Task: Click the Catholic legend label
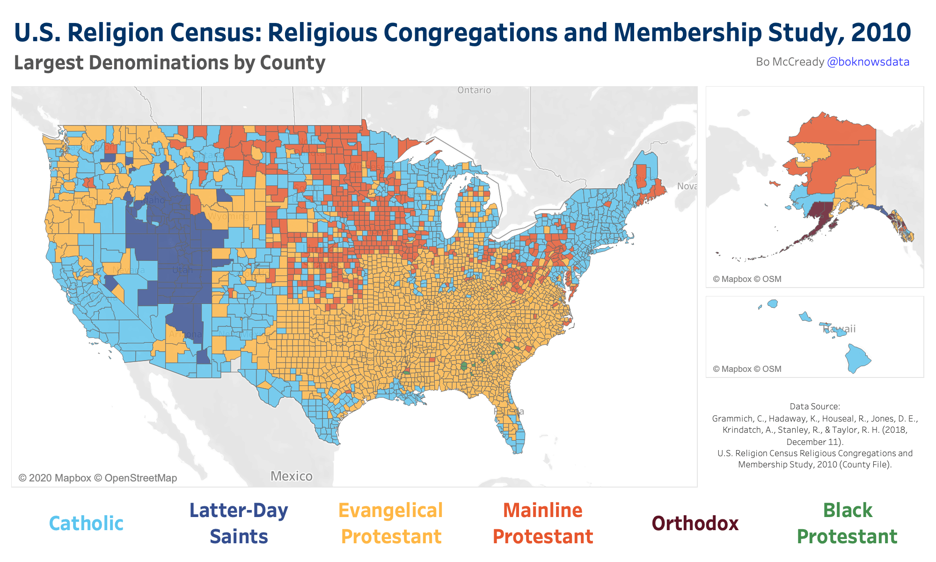click(86, 523)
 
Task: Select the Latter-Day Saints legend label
click(239, 523)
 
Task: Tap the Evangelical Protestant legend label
click(391, 523)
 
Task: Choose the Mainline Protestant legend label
click(543, 523)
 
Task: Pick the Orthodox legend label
click(695, 523)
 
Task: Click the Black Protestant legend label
click(847, 523)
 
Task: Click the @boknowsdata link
click(868, 62)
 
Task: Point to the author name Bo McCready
click(790, 62)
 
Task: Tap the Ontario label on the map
click(474, 90)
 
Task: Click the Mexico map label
click(292, 476)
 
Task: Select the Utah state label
click(183, 270)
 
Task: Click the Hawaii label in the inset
click(840, 329)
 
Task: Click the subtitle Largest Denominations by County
click(169, 63)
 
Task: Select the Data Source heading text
click(815, 407)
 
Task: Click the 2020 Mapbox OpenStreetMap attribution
click(98, 478)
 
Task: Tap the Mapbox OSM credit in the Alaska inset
click(747, 279)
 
